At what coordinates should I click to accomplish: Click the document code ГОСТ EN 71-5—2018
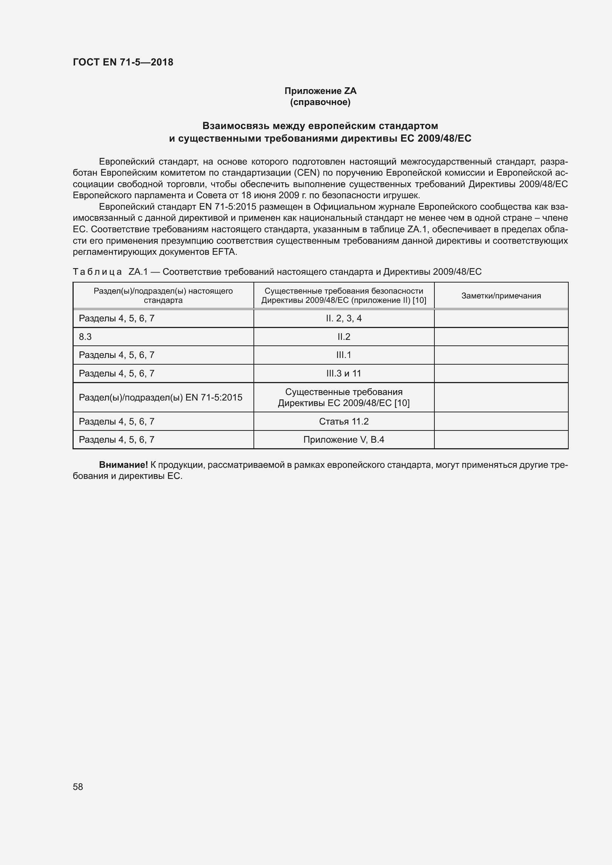tap(123, 62)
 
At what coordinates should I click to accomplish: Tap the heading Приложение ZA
tap(320, 91)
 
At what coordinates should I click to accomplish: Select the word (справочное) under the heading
tap(320, 102)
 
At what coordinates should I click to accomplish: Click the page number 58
tap(78, 787)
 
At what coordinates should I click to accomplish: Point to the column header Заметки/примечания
tap(501, 296)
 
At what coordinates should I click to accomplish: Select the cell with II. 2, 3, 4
tap(344, 318)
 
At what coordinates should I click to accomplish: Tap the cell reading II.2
tap(344, 337)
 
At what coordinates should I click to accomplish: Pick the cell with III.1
tap(344, 355)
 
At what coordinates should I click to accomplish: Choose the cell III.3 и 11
tap(344, 374)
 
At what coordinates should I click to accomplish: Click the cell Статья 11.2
tap(344, 421)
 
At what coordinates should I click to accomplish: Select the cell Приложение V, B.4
tap(344, 440)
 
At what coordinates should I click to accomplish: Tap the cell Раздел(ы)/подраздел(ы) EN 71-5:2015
tap(161, 398)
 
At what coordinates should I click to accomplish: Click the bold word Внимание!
tap(123, 465)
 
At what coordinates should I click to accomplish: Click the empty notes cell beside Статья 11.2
tap(501, 421)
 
